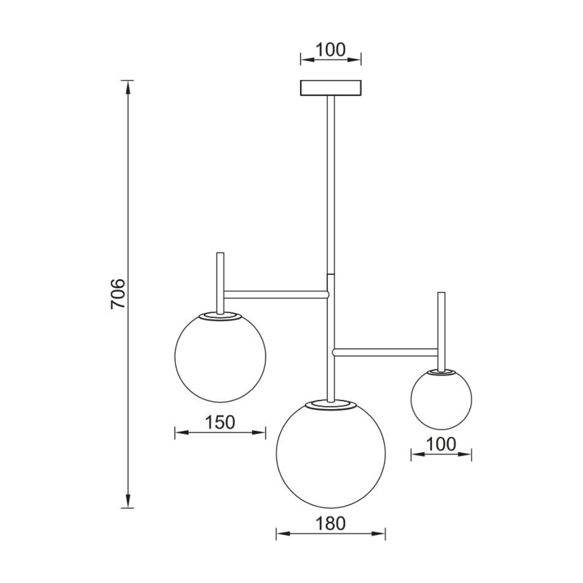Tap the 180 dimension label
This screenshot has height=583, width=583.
[330, 524]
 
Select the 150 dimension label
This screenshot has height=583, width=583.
[220, 422]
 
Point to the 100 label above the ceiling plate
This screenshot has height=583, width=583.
[330, 50]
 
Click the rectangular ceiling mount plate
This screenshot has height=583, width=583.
[330, 88]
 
